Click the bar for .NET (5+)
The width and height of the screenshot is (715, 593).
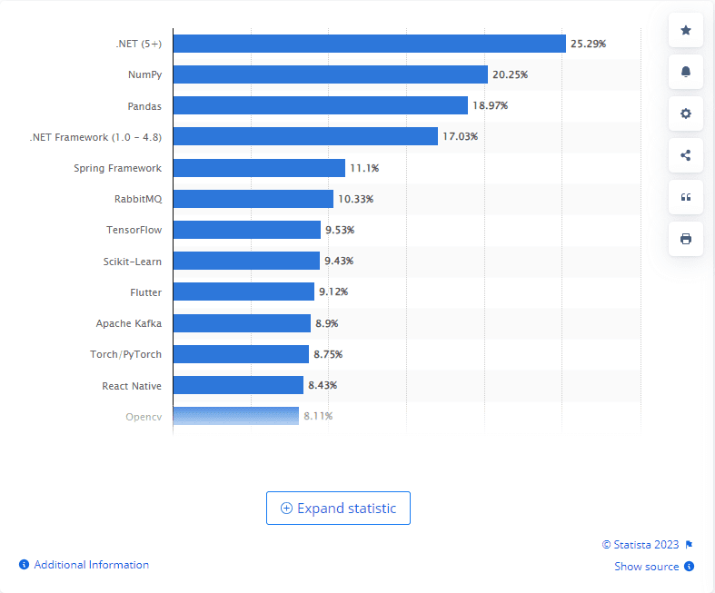pyautogui.click(x=369, y=44)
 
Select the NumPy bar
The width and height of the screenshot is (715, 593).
pyautogui.click(x=330, y=74)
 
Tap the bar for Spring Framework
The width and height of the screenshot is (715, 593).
pyautogui.click(x=259, y=168)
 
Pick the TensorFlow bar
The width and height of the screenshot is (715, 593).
pyautogui.click(x=246, y=230)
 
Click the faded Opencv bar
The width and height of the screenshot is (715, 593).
pyautogui.click(x=235, y=416)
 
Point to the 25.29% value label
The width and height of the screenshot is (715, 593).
pyautogui.click(x=588, y=44)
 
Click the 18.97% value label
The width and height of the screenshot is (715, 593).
pyautogui.click(x=490, y=106)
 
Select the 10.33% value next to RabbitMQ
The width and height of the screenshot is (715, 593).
pyautogui.click(x=355, y=199)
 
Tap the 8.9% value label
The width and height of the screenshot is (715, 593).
pyautogui.click(x=328, y=323)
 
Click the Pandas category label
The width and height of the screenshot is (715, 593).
pyautogui.click(x=144, y=106)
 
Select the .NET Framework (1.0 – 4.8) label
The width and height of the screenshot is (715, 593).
pyautogui.click(x=95, y=137)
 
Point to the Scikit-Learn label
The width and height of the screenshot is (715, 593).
pyautogui.click(x=133, y=261)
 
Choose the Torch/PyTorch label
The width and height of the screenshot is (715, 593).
pyautogui.click(x=128, y=354)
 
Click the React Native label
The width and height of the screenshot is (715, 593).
pyautogui.click(x=132, y=386)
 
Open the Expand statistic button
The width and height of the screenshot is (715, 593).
pyautogui.click(x=338, y=509)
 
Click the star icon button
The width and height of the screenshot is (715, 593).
pyautogui.click(x=686, y=31)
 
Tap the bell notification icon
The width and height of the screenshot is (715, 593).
pyautogui.click(x=686, y=73)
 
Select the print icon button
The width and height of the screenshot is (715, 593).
pyautogui.click(x=686, y=239)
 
